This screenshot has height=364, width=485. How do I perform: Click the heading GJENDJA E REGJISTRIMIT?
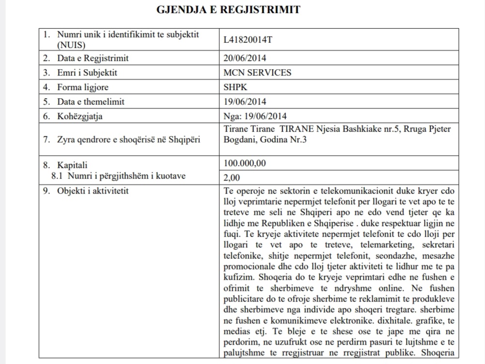point(228,10)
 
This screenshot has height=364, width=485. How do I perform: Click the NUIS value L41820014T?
point(248,40)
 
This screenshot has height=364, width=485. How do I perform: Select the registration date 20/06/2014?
point(245,58)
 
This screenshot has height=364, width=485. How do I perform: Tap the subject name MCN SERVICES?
point(257,73)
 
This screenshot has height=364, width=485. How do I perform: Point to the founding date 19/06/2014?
point(245,102)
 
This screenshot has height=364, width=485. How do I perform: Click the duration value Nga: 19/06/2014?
point(255,116)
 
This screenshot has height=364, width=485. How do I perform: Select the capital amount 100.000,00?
point(245,163)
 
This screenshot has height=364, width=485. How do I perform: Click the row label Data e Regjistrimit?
point(92,58)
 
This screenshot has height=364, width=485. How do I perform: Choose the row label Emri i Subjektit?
point(87,73)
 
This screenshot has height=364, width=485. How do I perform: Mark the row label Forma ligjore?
point(82,88)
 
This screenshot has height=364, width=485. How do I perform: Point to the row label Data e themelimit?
point(91,102)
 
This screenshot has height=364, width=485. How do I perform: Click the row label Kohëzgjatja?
point(80,116)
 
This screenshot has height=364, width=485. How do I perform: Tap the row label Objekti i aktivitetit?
point(92,191)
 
